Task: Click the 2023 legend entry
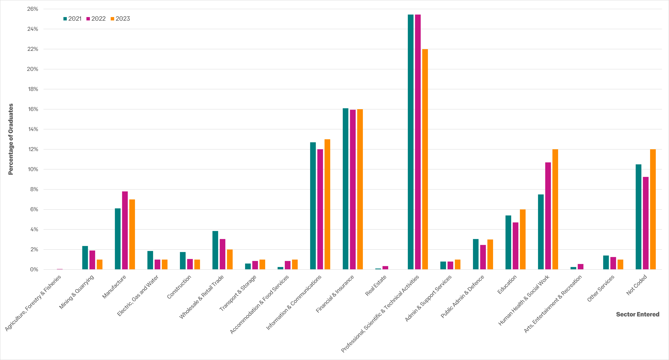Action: (120, 19)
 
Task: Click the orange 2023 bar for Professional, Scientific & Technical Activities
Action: (425, 159)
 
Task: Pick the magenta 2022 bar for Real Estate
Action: (385, 268)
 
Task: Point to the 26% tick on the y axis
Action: (33, 9)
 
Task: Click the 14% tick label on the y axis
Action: (33, 129)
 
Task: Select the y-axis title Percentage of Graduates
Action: (11, 139)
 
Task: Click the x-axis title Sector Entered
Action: (638, 314)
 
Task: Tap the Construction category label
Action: (179, 287)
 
